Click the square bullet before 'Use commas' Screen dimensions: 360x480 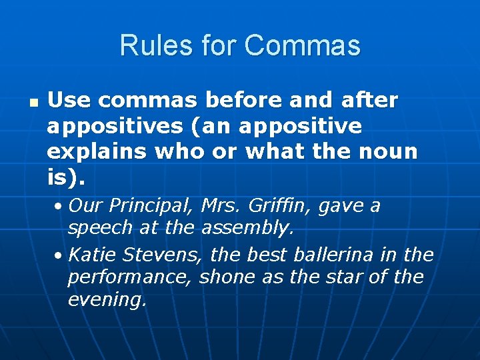31,104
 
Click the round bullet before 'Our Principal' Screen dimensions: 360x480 59,206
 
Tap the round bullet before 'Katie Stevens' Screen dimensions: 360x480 59,255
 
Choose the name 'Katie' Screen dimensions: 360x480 93,255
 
